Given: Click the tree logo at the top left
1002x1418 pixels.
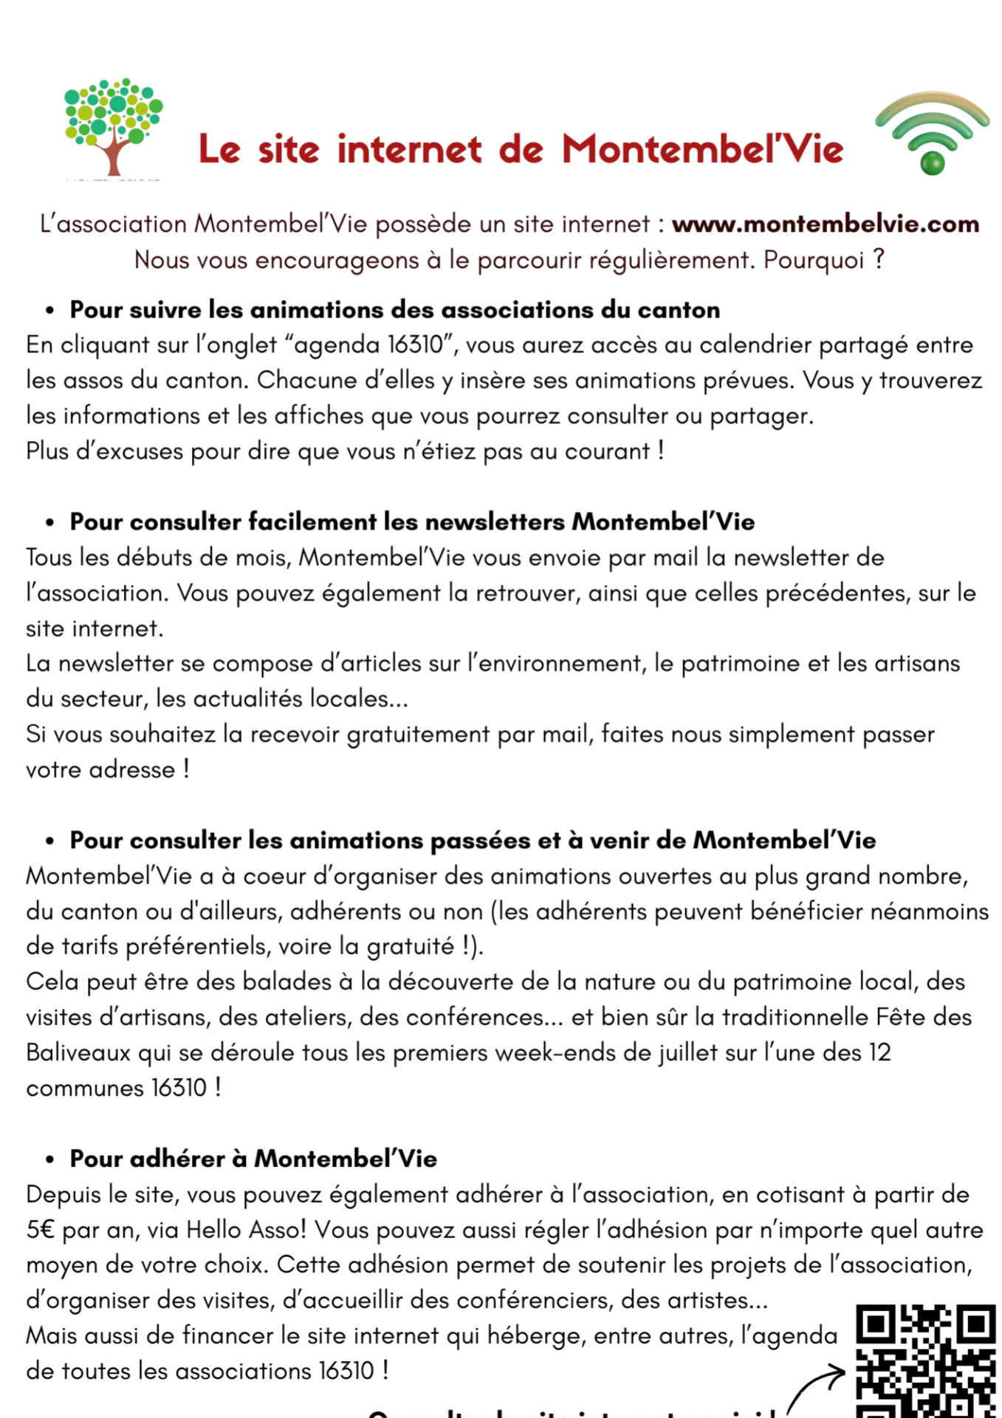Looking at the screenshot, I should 113,126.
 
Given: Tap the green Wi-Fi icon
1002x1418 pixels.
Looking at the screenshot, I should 932,133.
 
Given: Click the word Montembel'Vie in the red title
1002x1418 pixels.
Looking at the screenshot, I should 702,149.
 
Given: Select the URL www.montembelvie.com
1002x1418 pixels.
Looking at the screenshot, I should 825,224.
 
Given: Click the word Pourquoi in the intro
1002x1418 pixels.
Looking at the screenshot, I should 813,260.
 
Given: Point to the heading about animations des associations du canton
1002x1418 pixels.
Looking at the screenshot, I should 394,309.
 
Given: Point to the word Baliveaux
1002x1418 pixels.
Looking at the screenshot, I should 78,1052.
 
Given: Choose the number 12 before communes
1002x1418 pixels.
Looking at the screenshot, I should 879,1052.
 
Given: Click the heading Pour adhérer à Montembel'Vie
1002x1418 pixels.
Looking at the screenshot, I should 253,1158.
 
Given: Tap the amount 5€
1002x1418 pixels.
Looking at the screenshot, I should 41,1230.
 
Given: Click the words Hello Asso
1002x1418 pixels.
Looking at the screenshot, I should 245,1230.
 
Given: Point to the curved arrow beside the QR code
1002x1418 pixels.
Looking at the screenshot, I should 814,1387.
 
